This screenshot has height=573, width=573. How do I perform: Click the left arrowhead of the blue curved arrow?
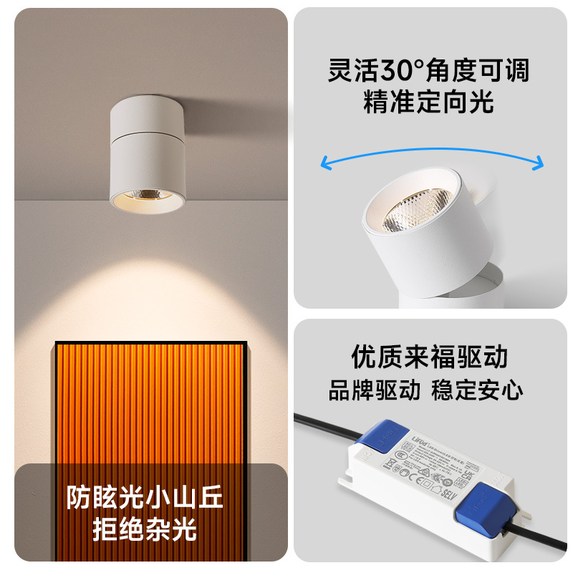pyautogui.click(x=326, y=164)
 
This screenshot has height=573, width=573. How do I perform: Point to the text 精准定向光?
pyautogui.click(x=428, y=102)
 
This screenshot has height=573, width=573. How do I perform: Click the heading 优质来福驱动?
pyautogui.click(x=428, y=356)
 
